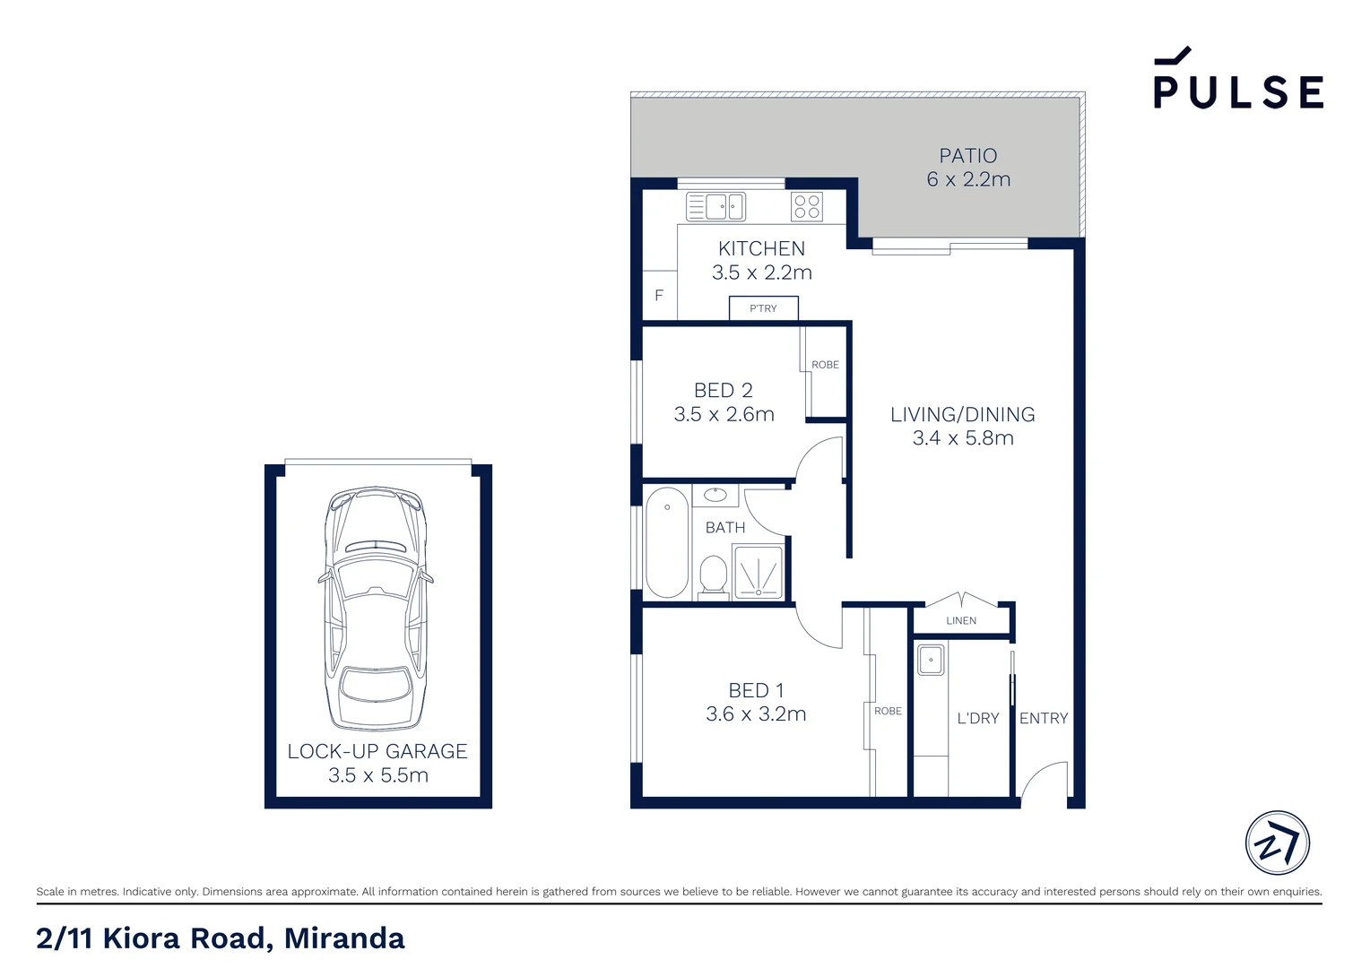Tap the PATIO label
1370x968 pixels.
click(967, 156)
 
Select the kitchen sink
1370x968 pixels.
click(715, 206)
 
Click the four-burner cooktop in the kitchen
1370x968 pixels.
click(807, 206)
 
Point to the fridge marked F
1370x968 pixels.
click(659, 296)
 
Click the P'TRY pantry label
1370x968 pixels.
click(763, 308)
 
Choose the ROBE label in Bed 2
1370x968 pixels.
click(825, 365)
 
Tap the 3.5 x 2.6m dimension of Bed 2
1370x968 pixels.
click(724, 414)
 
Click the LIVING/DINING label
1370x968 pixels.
click(962, 414)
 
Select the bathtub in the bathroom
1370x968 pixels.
click(667, 542)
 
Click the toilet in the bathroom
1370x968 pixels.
click(714, 574)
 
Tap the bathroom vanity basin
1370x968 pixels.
click(715, 495)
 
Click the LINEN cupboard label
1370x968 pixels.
click(961, 620)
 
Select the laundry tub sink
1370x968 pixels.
click(931, 661)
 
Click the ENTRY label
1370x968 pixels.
click(1044, 718)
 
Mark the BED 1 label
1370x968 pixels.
click(756, 690)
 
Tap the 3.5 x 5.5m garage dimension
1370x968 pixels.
click(377, 775)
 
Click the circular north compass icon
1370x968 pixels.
click(1277, 843)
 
